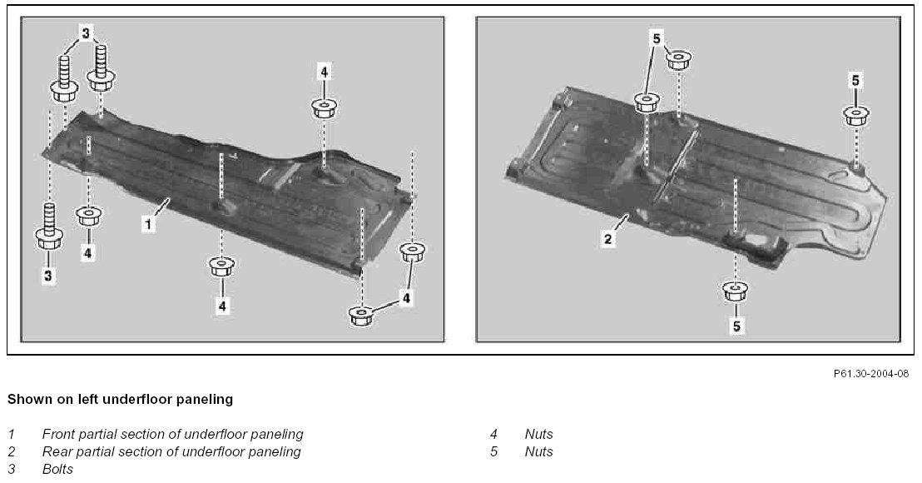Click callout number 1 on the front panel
(147, 224)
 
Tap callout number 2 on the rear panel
(608, 240)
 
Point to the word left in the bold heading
(87, 400)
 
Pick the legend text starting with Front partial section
(172, 434)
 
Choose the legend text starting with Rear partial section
(171, 451)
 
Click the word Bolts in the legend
(57, 469)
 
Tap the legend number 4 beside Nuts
(493, 434)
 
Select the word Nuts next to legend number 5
(538, 451)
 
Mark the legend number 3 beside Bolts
(11, 469)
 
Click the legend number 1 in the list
(11, 434)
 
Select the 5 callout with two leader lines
(657, 37)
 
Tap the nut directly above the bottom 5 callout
(733, 291)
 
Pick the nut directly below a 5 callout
(856, 114)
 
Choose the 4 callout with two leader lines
(405, 297)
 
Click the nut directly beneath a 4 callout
(323, 107)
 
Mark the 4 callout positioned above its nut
(323, 72)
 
